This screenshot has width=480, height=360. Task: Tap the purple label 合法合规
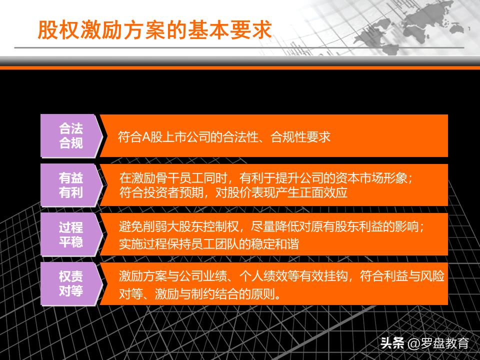point(71,135)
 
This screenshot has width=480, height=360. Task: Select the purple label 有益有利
point(71,185)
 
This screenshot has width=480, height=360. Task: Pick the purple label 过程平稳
point(71,235)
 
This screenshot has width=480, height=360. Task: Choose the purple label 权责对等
point(71,283)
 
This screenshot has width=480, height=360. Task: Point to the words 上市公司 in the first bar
point(183,137)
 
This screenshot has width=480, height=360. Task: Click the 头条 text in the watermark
point(392,343)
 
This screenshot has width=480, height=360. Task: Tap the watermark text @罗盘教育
point(438,343)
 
